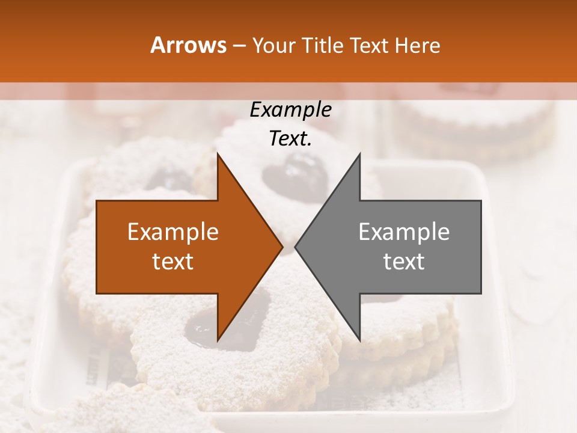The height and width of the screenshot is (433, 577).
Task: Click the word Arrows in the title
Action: pyautogui.click(x=188, y=45)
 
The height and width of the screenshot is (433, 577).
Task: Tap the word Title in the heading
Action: pyautogui.click(x=322, y=45)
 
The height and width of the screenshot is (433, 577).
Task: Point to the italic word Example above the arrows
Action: pyautogui.click(x=290, y=110)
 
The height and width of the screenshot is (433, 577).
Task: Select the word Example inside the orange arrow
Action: pyautogui.click(x=173, y=232)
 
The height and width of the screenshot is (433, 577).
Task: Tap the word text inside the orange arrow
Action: pyautogui.click(x=173, y=262)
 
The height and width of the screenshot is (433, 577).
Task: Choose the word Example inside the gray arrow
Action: pyautogui.click(x=404, y=232)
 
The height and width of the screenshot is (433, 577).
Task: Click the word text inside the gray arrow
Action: pyautogui.click(x=404, y=262)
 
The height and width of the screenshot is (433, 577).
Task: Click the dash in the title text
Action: pyautogui.click(x=238, y=46)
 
